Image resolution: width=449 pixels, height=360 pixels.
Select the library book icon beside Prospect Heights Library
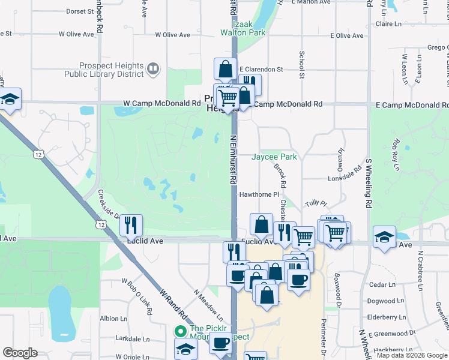pos(153,70)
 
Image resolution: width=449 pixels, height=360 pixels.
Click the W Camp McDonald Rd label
pos(162,103)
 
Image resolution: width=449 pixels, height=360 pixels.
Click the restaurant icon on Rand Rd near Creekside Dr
pos(131,224)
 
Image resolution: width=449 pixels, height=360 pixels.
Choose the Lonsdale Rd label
pos(343,179)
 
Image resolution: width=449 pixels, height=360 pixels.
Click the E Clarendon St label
pos(261,70)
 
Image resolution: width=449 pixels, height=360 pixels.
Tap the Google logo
pos(20,353)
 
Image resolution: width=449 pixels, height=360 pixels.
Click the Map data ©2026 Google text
pos(411,355)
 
